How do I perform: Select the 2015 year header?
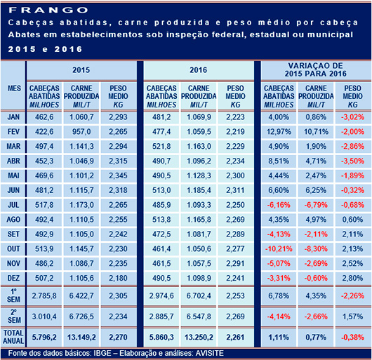82,72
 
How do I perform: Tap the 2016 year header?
198,72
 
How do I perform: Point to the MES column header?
14,89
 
